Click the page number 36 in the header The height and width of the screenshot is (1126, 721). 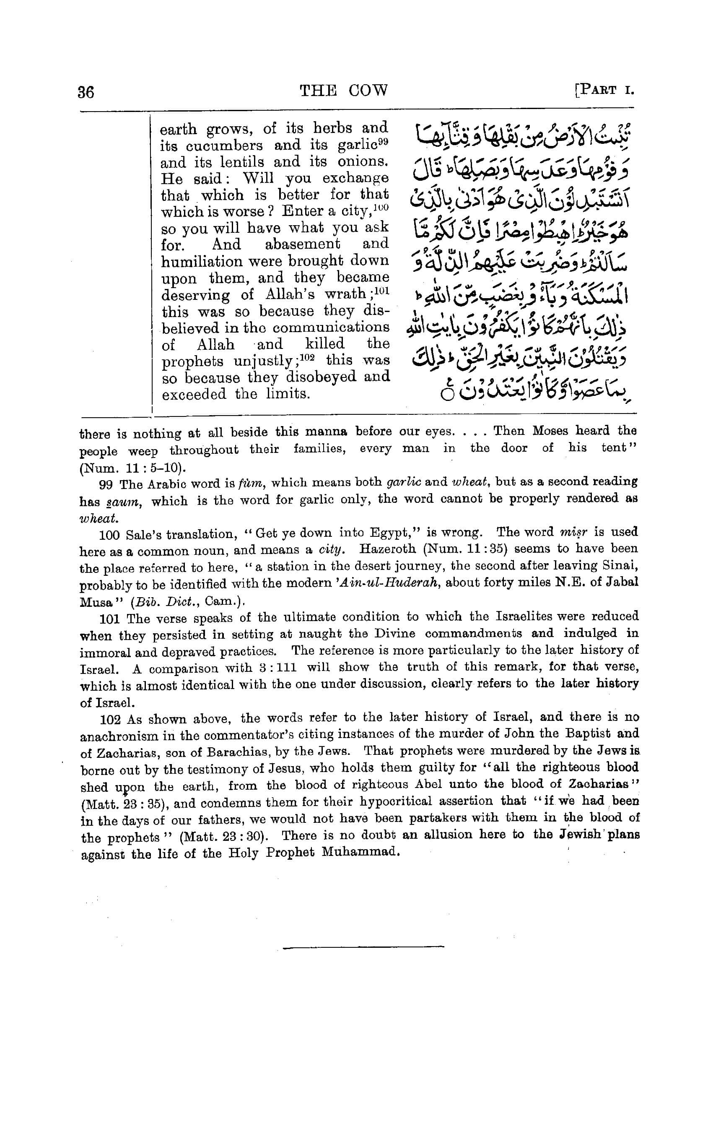[x=86, y=91]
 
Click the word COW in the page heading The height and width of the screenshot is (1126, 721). [x=368, y=90]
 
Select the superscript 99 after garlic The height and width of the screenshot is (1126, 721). [x=383, y=141]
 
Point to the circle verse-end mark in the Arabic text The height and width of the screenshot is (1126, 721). [x=447, y=394]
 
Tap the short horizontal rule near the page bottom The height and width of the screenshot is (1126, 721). [x=363, y=948]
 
